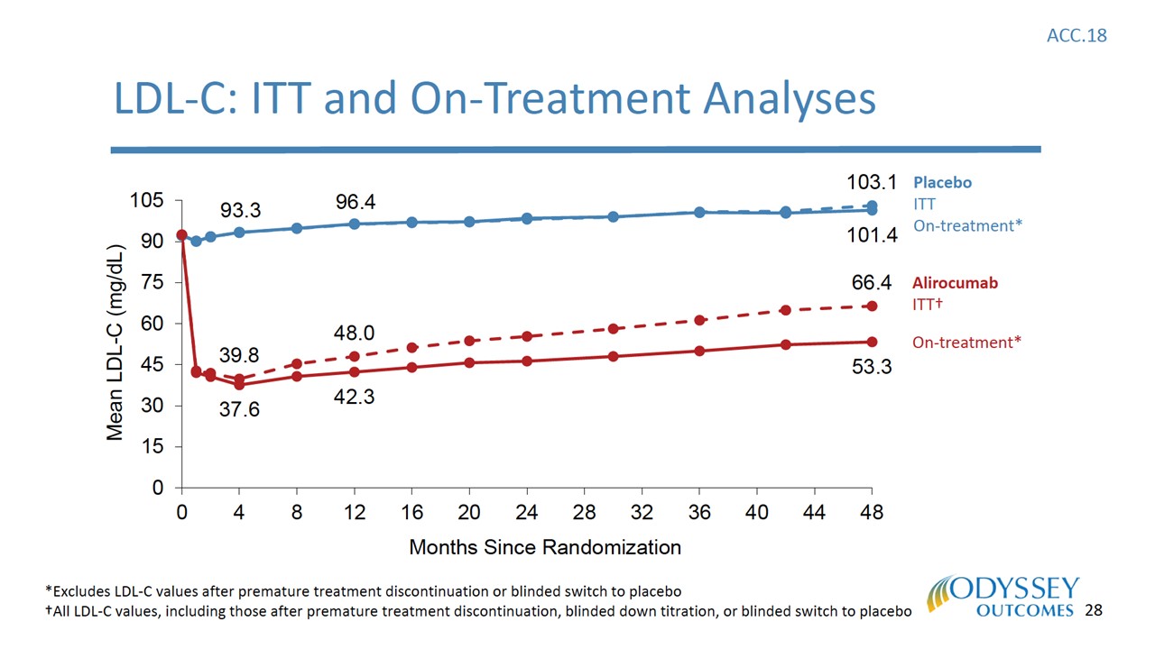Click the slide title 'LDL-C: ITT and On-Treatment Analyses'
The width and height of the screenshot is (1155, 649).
click(494, 98)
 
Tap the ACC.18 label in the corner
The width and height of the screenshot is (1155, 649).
click(1076, 35)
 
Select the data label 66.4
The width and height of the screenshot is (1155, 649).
click(872, 284)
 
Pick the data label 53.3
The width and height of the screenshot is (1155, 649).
click(872, 368)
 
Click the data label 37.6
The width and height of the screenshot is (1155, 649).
click(240, 410)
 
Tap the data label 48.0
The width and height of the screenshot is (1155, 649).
click(355, 333)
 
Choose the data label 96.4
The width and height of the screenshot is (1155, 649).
click(356, 203)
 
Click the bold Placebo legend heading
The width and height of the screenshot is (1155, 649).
click(942, 182)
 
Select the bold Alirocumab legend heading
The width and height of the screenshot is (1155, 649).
click(955, 283)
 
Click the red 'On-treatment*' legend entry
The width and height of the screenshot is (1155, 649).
click(966, 343)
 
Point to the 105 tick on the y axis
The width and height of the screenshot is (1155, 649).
click(148, 200)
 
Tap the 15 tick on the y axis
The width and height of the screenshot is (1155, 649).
click(154, 447)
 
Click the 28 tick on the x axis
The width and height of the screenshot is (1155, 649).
click(585, 513)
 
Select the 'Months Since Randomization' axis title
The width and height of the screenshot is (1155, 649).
click(545, 547)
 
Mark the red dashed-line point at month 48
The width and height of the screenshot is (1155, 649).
click(872, 306)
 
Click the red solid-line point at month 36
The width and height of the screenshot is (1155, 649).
click(699, 351)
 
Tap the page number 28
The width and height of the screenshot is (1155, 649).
click(1094, 610)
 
